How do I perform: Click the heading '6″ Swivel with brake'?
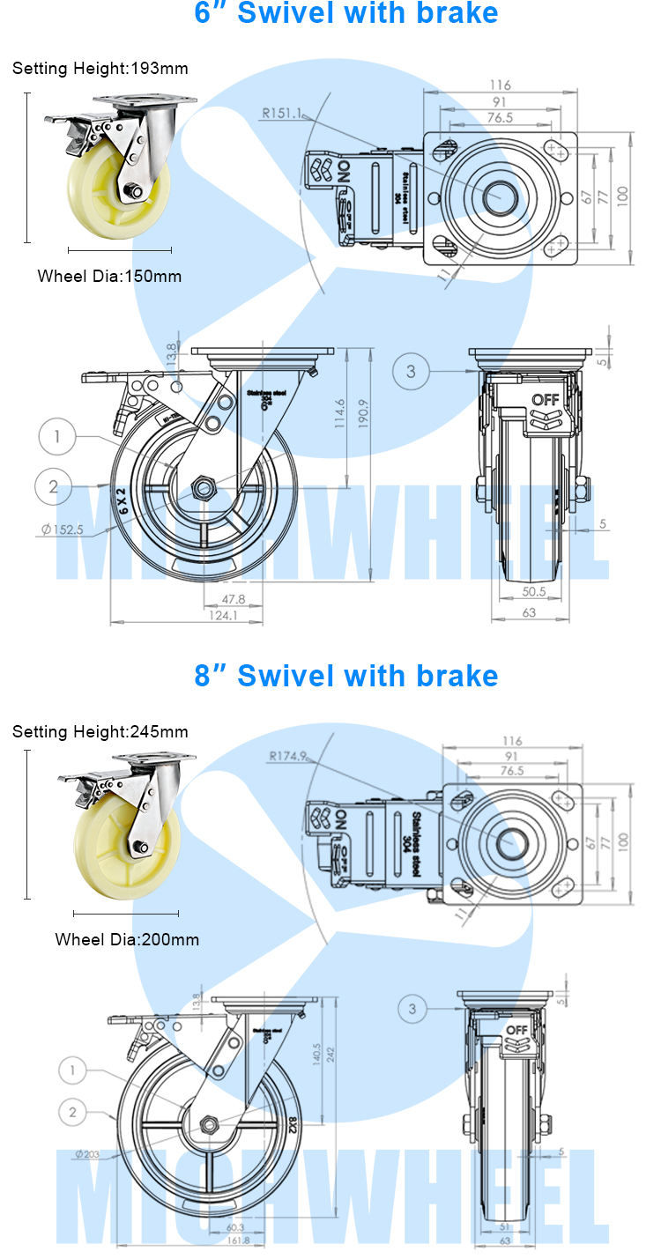(x=346, y=14)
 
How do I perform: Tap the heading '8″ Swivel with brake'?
(x=346, y=676)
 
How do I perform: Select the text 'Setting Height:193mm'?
(x=100, y=68)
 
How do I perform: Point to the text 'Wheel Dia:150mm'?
(x=109, y=276)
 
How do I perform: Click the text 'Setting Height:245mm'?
(x=100, y=731)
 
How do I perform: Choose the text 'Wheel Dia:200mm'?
(x=127, y=939)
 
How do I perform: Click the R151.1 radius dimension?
(x=281, y=113)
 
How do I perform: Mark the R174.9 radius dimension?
(x=288, y=756)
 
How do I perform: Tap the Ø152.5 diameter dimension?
(x=62, y=530)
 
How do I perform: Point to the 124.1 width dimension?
(x=221, y=616)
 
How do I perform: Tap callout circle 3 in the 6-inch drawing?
(x=411, y=371)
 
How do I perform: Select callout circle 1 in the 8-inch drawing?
(x=73, y=1071)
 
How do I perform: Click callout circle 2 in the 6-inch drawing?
(x=54, y=485)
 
